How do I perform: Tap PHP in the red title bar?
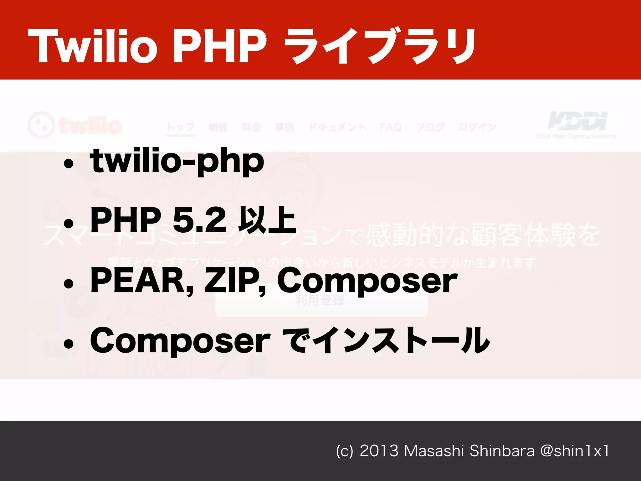[219, 46]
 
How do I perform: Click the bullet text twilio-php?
[177, 162]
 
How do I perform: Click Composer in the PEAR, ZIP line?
[367, 281]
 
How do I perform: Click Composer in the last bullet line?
[180, 341]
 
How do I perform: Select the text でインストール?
[386, 341]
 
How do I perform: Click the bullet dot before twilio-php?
[68, 163]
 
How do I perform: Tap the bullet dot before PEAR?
[68, 283]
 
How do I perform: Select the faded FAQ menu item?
[391, 127]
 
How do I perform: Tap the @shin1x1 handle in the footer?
[575, 451]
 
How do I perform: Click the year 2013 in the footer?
[379, 451]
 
